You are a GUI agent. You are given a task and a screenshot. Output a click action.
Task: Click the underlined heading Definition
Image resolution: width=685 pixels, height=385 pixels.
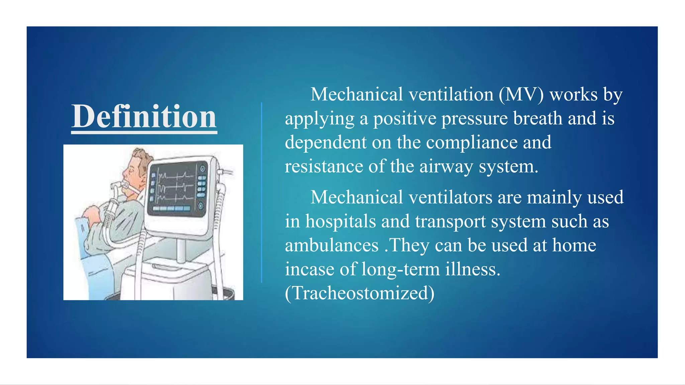click(x=144, y=117)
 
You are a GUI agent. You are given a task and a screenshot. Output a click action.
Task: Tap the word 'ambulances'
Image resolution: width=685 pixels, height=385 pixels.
click(x=331, y=246)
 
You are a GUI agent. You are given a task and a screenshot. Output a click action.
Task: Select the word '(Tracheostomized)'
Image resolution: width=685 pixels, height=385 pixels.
click(x=360, y=293)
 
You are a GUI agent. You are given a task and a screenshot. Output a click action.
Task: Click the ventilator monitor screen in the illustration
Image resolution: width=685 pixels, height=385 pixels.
click(x=176, y=189)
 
